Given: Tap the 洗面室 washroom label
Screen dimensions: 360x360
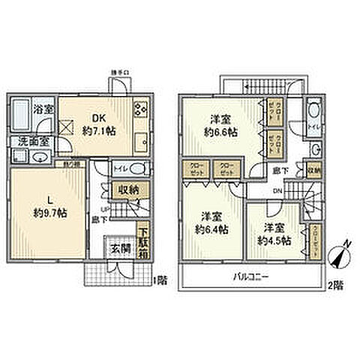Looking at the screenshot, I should (28, 140).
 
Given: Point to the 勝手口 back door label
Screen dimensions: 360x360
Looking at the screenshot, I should (121, 72).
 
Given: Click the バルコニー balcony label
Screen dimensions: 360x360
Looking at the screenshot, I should (251, 277).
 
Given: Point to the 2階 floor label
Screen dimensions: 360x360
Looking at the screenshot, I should (335, 285).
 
